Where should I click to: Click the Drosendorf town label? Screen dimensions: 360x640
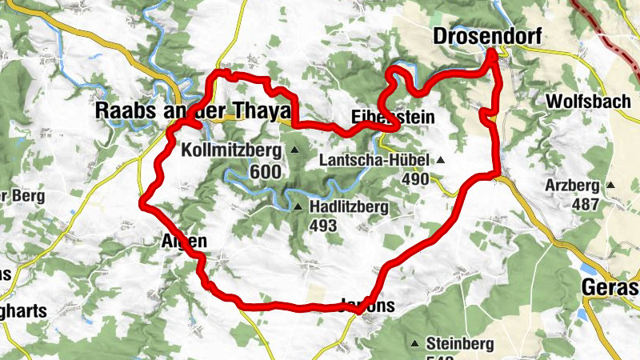click(486, 37)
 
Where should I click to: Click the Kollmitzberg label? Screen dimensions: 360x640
click(231, 150)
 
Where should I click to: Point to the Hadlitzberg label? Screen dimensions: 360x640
click(349, 207)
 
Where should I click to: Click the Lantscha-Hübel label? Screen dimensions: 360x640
click(374, 160)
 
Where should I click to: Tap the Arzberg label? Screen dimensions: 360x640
click(572, 186)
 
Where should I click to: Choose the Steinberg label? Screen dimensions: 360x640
click(460, 344)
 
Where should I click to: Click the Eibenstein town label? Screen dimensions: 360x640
click(393, 118)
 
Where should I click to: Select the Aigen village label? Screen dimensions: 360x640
click(185, 241)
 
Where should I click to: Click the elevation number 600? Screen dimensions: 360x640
click(264, 172)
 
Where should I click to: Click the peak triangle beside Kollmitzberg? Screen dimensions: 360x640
click(294, 150)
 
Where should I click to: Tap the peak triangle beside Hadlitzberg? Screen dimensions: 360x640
click(298, 207)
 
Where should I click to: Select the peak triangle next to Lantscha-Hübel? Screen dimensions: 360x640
click(440, 160)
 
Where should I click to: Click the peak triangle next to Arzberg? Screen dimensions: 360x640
click(611, 186)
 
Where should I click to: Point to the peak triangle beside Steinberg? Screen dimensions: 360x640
click(414, 344)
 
